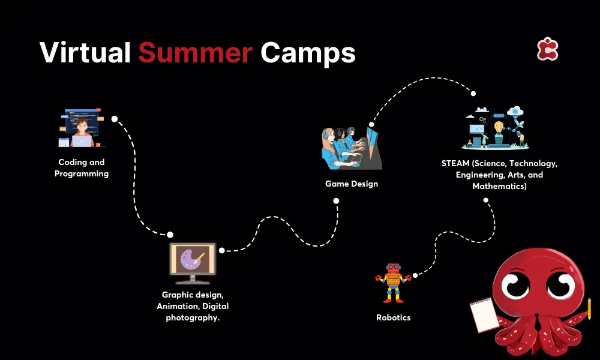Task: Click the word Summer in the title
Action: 195,52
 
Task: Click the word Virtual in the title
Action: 85,52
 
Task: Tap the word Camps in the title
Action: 308,53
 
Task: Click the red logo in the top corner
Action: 548,49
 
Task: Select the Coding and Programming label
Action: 82,168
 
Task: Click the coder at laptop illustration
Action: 81,128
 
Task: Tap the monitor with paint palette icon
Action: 193,263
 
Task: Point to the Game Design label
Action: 352,184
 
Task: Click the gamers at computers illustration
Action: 352,148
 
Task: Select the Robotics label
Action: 394,317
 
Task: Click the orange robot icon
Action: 393,283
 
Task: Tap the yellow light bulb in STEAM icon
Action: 499,127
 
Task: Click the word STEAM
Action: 455,163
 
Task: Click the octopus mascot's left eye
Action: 515,286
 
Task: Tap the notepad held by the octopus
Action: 484,314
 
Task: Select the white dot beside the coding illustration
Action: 115,119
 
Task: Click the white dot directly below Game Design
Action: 336,201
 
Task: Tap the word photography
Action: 192,318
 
